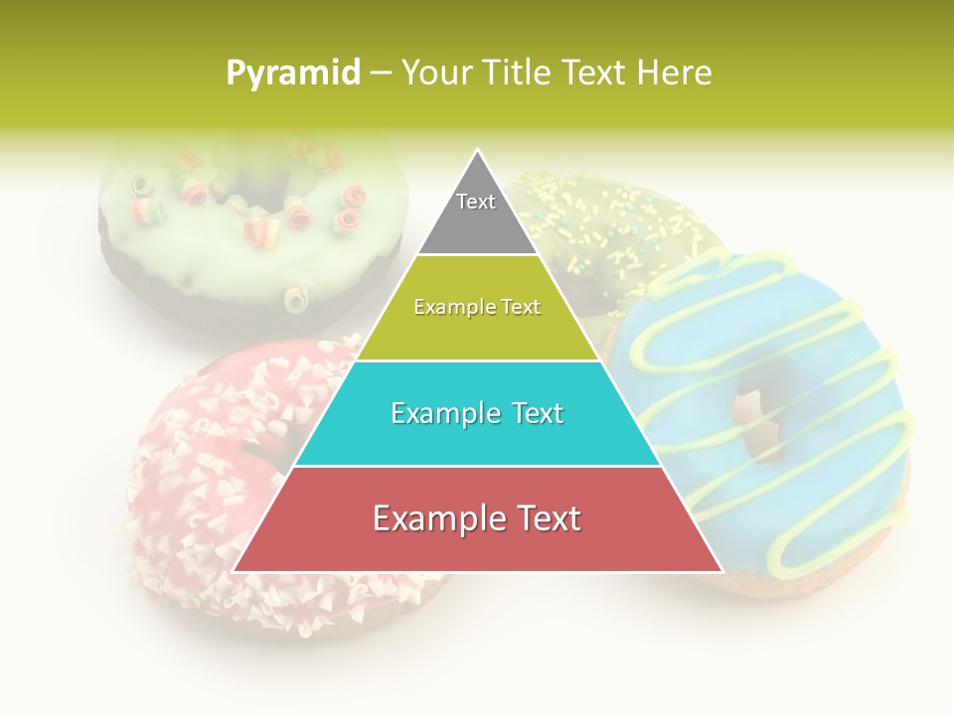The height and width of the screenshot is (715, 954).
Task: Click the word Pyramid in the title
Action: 293,72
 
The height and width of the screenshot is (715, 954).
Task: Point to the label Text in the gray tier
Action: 476,202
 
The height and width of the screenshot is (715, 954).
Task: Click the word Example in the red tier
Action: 429,518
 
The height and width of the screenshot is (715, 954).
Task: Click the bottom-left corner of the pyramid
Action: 234,571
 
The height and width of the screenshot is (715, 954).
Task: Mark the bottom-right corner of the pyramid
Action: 721,571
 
